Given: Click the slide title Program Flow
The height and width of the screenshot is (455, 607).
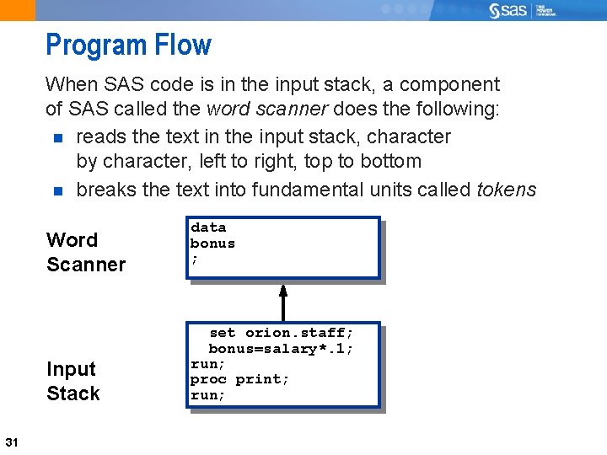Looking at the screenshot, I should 128,45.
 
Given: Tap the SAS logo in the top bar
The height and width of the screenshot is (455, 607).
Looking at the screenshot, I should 511,10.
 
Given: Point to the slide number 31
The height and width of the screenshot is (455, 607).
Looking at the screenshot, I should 12,442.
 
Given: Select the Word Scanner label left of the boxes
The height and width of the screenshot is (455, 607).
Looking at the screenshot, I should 85,252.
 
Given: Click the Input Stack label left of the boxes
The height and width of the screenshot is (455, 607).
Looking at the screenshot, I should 73,381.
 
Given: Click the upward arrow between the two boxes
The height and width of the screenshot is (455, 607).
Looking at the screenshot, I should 283,302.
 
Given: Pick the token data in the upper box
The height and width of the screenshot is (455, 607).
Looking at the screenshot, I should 208,227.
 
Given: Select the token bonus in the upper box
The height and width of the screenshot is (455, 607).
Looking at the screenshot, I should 212,244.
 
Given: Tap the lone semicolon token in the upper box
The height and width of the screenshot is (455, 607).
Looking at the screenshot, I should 195,259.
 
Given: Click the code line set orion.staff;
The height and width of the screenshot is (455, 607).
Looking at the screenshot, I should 281,333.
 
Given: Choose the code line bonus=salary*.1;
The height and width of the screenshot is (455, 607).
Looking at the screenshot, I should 281,349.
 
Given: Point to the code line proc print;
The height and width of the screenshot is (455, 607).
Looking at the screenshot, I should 240,379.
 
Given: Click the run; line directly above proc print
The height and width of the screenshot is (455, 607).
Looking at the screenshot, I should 208,364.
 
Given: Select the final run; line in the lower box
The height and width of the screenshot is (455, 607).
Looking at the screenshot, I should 208,395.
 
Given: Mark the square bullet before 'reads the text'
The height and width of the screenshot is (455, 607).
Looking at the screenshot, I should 57,137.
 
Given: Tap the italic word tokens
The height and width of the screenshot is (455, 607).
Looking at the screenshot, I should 506,190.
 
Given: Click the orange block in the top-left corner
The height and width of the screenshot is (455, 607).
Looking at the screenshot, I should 18,10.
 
